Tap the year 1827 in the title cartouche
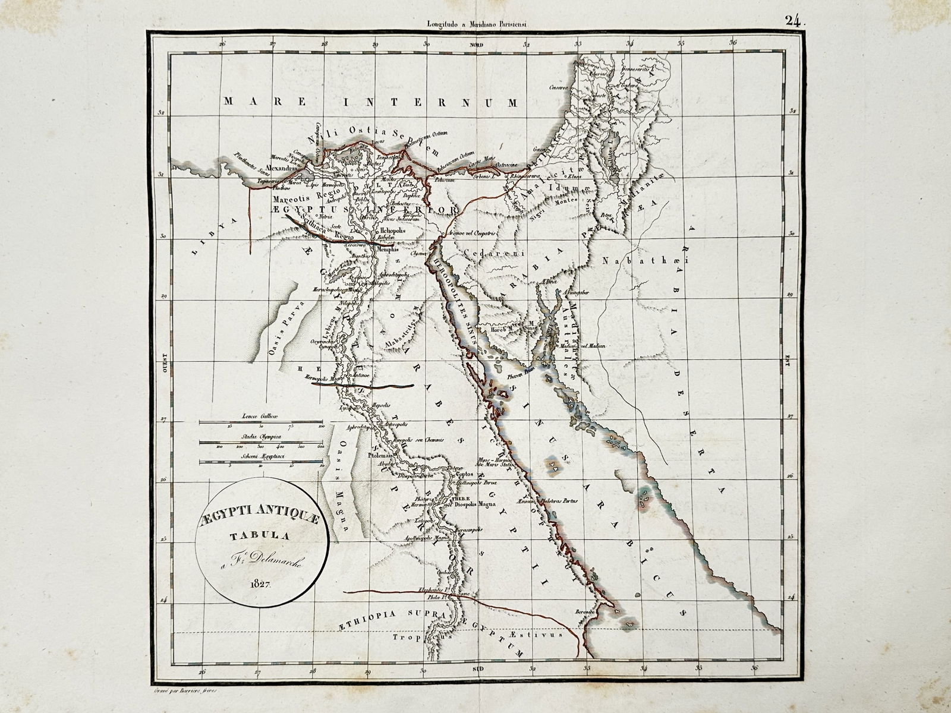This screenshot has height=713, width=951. tap(261, 583)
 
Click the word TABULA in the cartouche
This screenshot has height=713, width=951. tap(260, 535)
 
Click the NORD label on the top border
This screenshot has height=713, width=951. tap(476, 46)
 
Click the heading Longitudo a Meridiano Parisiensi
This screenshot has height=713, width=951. tap(477, 24)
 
